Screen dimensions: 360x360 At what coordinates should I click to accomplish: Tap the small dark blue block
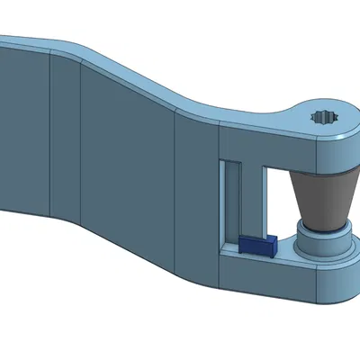click(x=256, y=244)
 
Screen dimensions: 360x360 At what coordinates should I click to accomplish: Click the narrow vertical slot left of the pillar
click(x=232, y=205)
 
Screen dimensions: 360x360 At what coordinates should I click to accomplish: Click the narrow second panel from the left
click(x=65, y=144)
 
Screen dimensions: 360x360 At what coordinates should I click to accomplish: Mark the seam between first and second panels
click(x=50, y=135)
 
